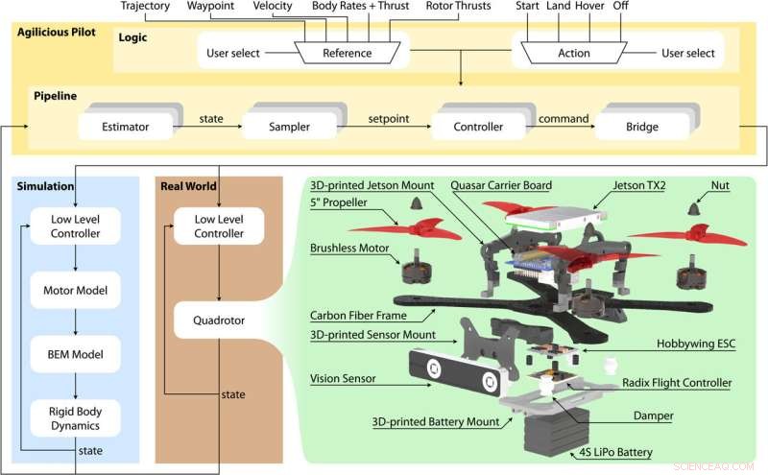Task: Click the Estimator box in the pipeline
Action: (133, 126)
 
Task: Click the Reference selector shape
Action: (347, 53)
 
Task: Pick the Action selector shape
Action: (574, 53)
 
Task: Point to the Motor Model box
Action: (74, 289)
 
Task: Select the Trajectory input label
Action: (145, 7)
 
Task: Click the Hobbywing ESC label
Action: (694, 343)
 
